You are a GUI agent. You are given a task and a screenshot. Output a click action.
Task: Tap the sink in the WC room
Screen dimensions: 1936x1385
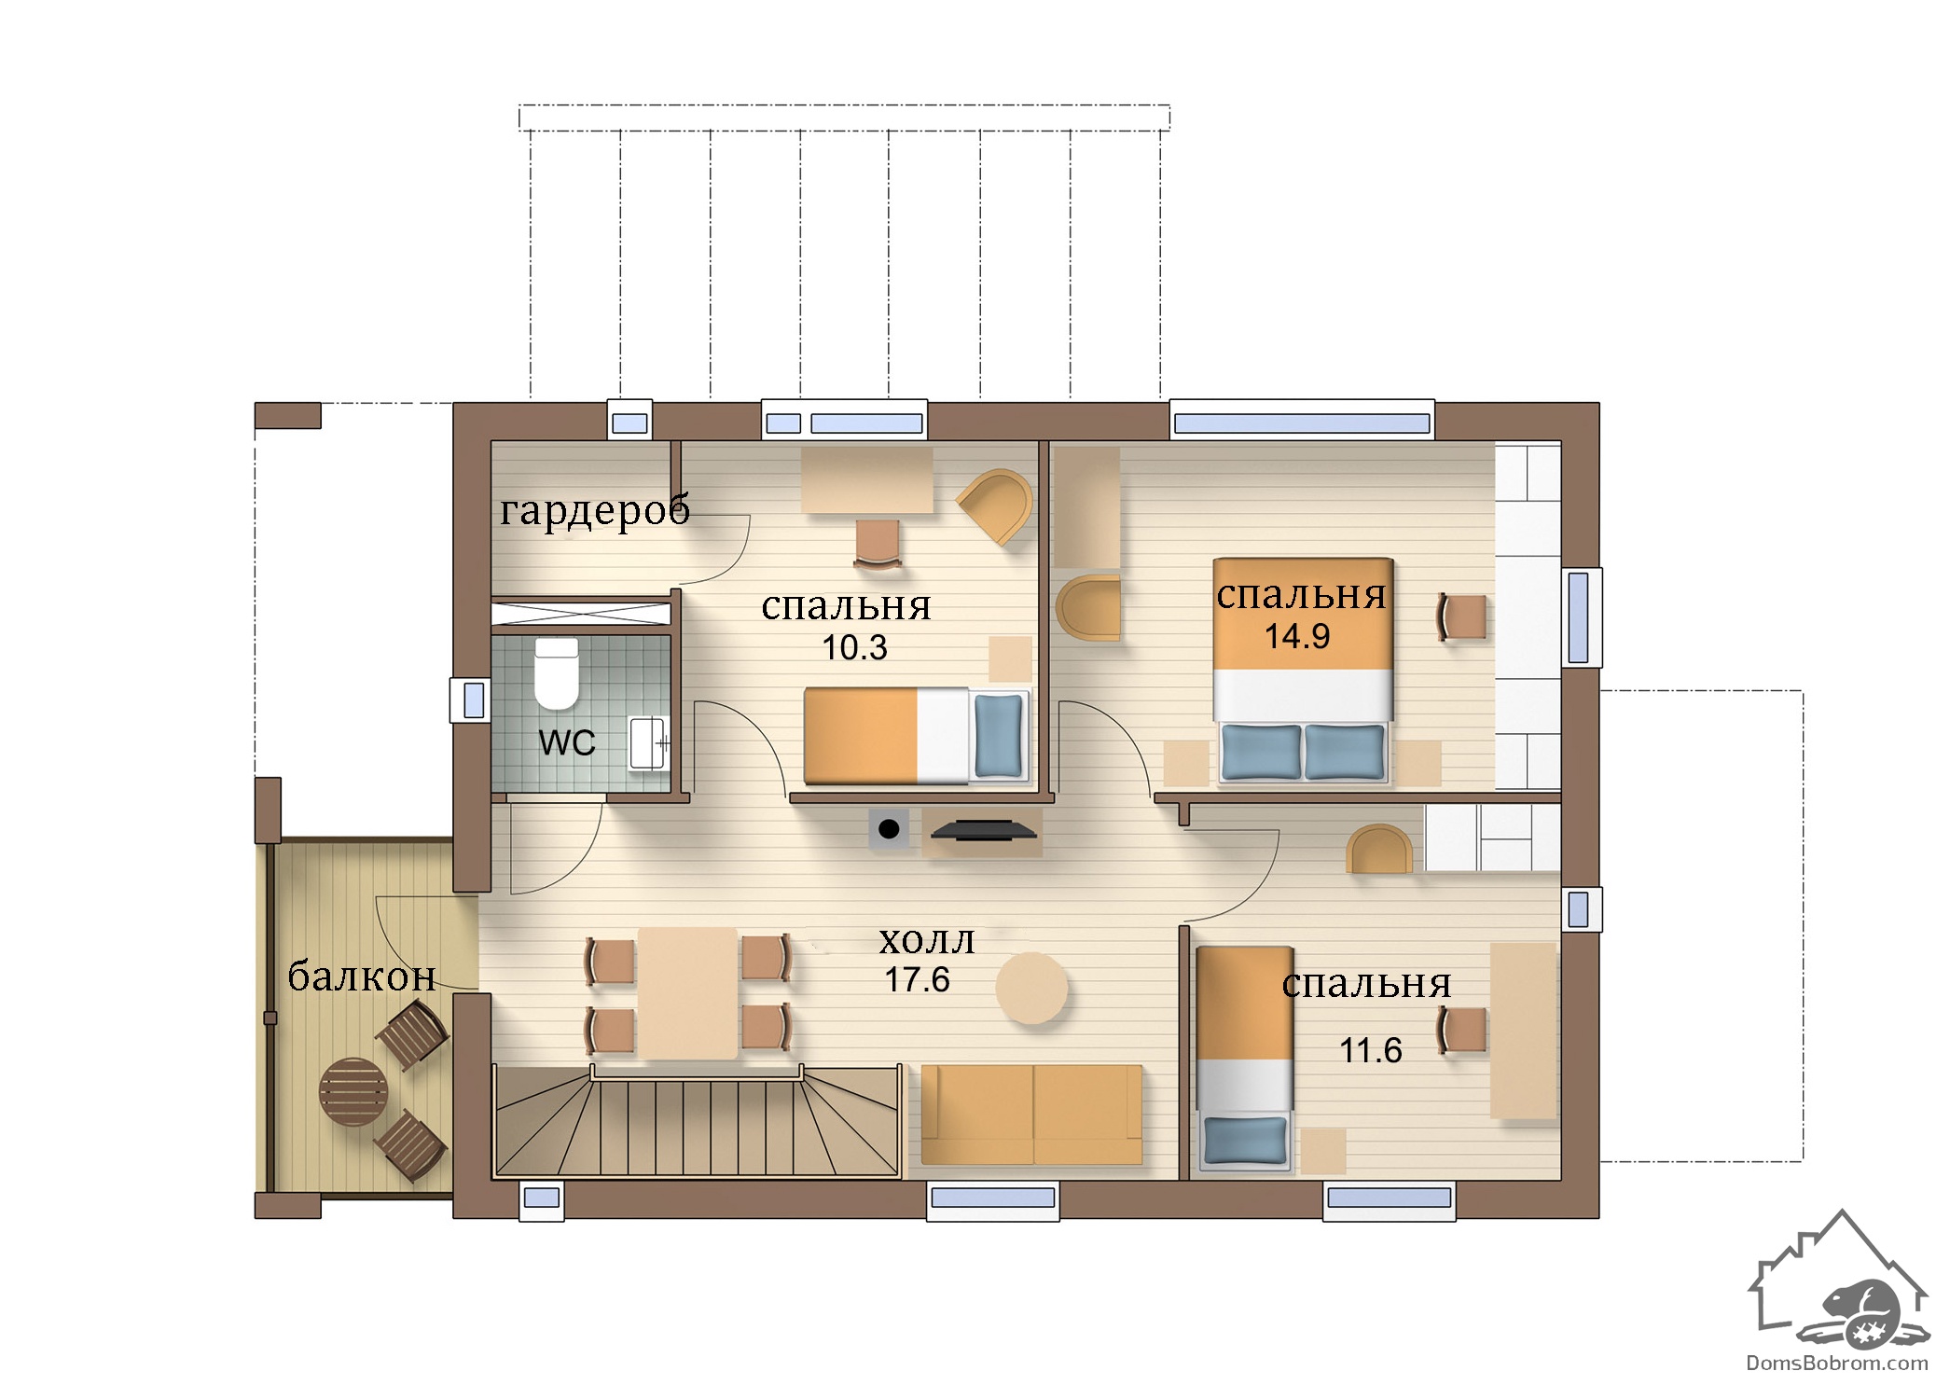click(x=647, y=742)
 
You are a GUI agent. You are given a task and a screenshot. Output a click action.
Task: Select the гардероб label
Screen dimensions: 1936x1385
click(x=594, y=509)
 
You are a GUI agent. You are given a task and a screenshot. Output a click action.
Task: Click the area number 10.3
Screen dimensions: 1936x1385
click(x=854, y=647)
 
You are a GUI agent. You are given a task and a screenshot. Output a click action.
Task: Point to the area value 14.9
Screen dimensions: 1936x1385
click(x=1296, y=636)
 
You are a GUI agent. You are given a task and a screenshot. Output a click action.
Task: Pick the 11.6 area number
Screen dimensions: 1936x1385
click(x=1370, y=1050)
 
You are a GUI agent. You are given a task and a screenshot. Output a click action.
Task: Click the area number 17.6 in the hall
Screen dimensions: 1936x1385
click(x=917, y=979)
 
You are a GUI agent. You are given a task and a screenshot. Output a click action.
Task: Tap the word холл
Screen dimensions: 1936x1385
click(x=926, y=941)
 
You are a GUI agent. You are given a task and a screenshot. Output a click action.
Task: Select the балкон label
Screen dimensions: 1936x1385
click(x=362, y=976)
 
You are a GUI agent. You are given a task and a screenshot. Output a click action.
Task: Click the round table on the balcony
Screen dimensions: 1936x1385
click(x=353, y=1091)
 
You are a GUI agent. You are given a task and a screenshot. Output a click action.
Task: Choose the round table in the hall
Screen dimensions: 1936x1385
click(x=1030, y=988)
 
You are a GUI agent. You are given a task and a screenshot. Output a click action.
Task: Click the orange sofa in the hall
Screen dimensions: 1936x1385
click(x=1031, y=1115)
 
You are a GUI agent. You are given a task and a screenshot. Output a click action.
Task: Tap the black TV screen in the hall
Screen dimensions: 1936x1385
click(x=982, y=829)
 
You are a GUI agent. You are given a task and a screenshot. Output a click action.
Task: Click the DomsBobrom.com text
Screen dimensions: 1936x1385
click(x=1837, y=1363)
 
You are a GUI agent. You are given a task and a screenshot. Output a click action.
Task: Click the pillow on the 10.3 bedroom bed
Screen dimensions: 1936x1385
click(x=998, y=735)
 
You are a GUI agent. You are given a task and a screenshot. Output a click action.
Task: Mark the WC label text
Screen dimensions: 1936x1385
click(x=566, y=743)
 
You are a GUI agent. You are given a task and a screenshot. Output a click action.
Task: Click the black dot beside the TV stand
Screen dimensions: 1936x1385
click(x=889, y=828)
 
